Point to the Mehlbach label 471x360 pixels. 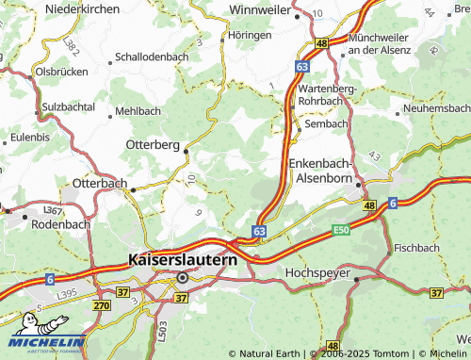138,110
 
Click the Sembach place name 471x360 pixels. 327,123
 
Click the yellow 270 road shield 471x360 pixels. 102,305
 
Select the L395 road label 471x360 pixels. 39,296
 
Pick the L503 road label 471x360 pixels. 161,331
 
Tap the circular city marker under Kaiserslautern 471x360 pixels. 182,277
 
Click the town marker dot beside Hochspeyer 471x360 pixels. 357,279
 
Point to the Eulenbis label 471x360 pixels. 29,137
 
